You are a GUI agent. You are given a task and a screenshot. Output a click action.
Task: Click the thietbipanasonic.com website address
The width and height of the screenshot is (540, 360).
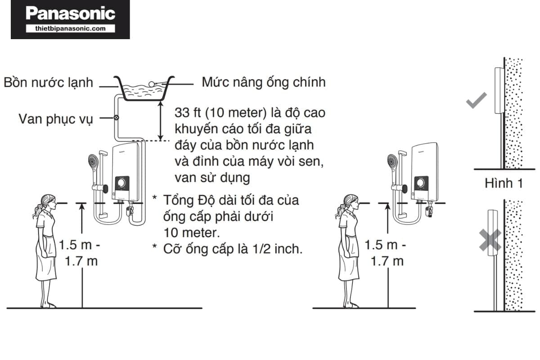pos(70,28)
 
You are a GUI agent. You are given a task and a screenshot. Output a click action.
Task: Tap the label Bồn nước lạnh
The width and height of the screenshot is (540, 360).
pos(49,83)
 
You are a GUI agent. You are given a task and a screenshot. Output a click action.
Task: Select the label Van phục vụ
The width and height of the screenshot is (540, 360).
pos(55,120)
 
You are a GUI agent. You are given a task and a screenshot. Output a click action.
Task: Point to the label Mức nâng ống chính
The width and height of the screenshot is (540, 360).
pos(263,82)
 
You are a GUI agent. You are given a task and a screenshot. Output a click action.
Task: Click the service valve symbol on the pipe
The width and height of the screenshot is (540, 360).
pos(117,118)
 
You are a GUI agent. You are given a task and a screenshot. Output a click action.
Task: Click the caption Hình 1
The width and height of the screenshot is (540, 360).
pos(504,184)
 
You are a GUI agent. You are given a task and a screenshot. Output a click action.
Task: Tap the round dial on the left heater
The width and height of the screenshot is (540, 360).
pos(121,183)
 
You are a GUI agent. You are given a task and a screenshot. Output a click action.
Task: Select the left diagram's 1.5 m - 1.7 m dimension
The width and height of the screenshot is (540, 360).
pos(78,253)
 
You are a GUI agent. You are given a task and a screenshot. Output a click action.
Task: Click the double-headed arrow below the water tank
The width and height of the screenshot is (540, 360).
pos(160,121)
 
